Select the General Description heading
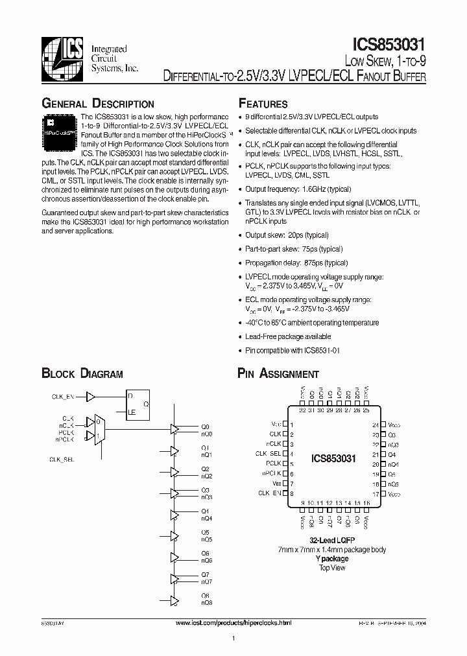point(98,104)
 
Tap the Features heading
point(263,104)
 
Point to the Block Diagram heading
point(82,373)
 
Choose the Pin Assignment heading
point(278,373)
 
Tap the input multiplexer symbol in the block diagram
point(99,429)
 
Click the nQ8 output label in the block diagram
point(206,603)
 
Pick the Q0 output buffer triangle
point(174,428)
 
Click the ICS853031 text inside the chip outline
point(333,458)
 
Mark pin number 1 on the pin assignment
point(293,425)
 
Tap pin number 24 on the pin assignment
point(375,425)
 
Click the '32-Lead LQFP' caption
point(331,541)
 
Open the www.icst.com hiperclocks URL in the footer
point(234,622)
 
